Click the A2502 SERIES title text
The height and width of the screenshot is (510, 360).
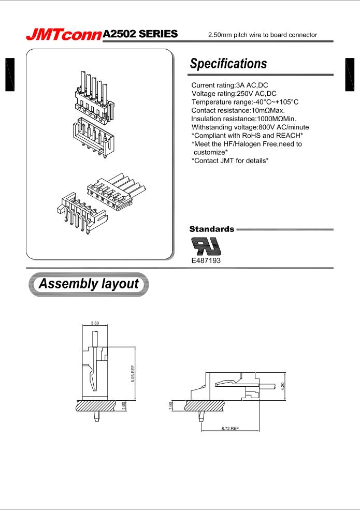141,34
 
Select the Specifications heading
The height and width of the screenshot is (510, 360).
229,64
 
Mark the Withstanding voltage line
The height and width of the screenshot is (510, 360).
254,127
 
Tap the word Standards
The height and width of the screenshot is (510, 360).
212,228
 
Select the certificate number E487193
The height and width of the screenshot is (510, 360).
206,261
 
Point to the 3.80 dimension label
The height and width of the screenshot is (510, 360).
95,323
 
